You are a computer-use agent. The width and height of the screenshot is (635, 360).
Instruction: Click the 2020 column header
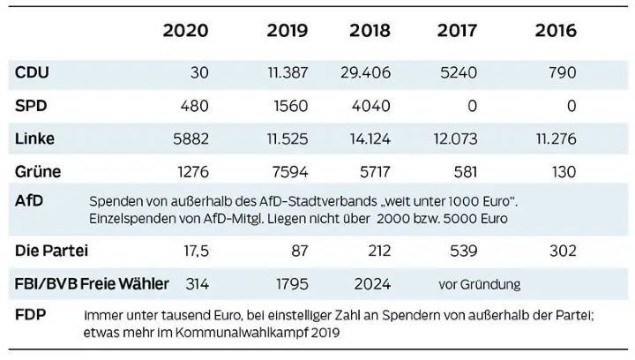point(186,31)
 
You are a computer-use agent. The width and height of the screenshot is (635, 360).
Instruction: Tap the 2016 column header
point(555,31)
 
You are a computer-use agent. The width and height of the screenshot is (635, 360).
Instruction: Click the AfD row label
point(29,201)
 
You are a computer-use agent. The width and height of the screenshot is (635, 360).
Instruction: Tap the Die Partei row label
point(51,251)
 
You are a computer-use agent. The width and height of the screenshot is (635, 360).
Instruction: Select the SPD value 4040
point(371,106)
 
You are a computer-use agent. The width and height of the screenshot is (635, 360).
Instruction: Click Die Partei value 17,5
point(193,252)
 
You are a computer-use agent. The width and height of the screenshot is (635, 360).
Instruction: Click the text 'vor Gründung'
point(479,284)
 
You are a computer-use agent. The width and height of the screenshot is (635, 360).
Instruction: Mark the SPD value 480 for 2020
point(193,106)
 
